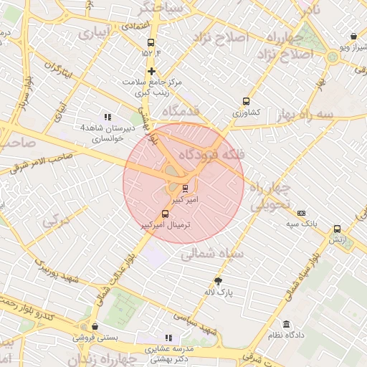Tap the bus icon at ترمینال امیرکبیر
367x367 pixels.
coord(166,213)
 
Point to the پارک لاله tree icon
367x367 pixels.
coord(219,281)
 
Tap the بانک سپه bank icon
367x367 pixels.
coord(301,213)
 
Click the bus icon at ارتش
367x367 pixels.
coord(337,229)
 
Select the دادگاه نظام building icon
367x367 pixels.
coord(287,324)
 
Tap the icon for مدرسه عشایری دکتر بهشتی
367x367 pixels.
coord(168,338)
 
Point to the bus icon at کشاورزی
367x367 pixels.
coord(247,101)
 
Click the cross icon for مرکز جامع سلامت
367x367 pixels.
coord(151,71)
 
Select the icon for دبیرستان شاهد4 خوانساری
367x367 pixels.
coord(108,117)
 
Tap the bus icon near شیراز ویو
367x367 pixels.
coord(353,37)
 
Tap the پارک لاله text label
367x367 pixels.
coord(225,293)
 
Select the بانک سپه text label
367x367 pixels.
coord(303,224)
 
